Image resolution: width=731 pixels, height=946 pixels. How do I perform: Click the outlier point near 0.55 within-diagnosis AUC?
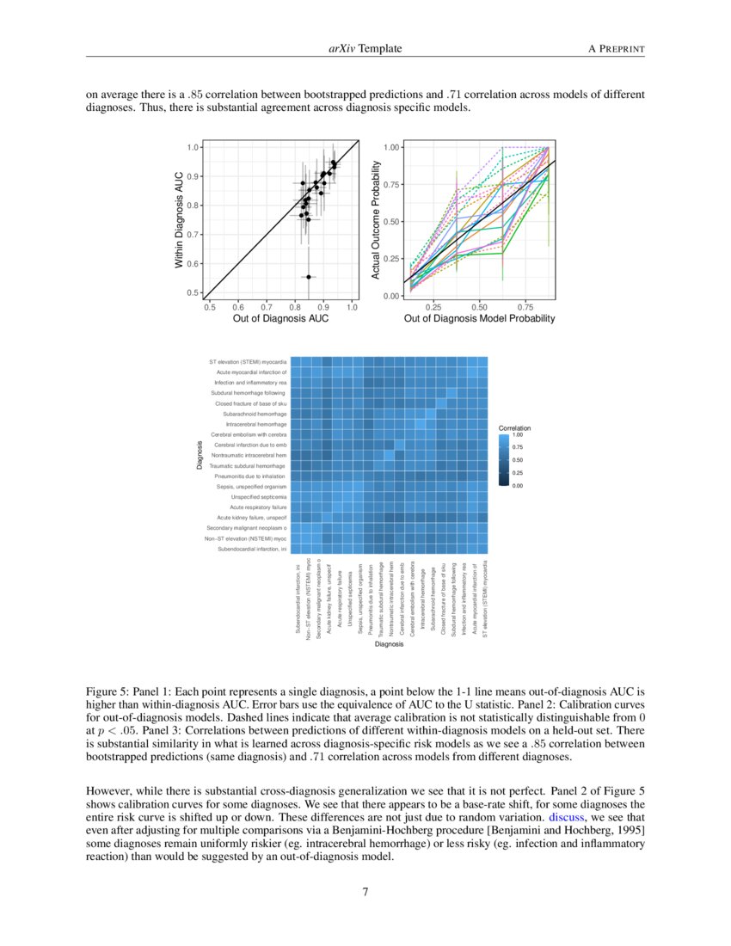click(x=309, y=277)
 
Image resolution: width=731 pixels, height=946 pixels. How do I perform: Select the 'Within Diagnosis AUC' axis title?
click(x=180, y=220)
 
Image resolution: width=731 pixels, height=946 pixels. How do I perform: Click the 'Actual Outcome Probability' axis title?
click(x=376, y=221)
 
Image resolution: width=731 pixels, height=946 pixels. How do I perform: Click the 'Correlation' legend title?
click(x=514, y=428)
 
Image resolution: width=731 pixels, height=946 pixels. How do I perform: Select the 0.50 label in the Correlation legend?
click(x=518, y=460)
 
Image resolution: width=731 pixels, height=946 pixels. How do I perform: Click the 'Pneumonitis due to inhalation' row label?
click(x=250, y=476)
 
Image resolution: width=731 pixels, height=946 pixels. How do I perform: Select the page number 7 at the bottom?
click(x=365, y=892)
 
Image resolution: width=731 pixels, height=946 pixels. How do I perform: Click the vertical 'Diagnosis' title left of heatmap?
click(x=199, y=455)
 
